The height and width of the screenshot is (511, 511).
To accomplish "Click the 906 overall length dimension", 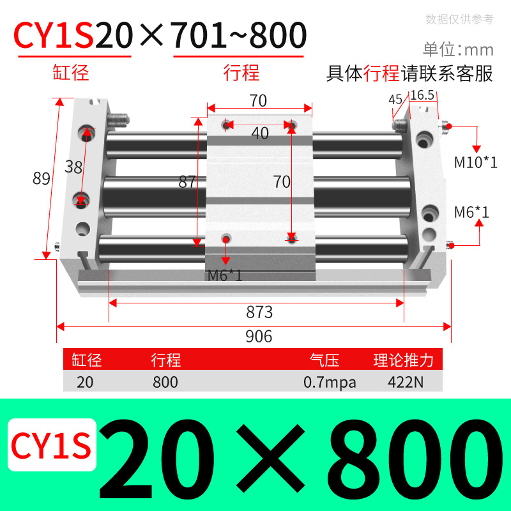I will [x=259, y=336].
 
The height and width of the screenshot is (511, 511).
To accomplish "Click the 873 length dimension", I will [x=259, y=312].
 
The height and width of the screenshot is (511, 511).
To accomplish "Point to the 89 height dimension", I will [x=42, y=179].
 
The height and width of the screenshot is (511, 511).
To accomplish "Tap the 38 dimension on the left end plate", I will [x=73, y=167].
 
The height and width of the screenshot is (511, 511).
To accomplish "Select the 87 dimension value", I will [x=187, y=181].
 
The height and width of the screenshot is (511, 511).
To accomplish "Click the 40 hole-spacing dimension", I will [x=259, y=133].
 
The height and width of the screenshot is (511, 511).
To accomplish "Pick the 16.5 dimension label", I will [x=422, y=95].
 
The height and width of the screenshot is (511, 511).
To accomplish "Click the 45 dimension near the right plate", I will [x=395, y=99].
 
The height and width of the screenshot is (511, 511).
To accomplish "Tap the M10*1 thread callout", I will [x=475, y=162].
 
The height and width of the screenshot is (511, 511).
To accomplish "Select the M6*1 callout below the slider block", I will [x=225, y=275].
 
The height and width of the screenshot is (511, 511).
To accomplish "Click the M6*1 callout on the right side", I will [x=471, y=211].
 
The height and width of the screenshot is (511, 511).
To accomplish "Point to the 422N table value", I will [x=403, y=383].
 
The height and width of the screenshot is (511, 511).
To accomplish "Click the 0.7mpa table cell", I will [x=330, y=383].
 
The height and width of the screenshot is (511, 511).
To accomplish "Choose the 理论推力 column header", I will [x=403, y=360].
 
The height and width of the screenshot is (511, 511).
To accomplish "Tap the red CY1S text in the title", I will [x=54, y=36].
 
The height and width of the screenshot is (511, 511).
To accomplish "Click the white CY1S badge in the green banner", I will [x=51, y=445].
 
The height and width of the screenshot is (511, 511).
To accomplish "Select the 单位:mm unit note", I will [x=458, y=49].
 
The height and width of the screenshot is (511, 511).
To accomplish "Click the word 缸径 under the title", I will [x=70, y=72].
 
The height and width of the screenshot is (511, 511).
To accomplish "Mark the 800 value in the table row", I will [x=165, y=383].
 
